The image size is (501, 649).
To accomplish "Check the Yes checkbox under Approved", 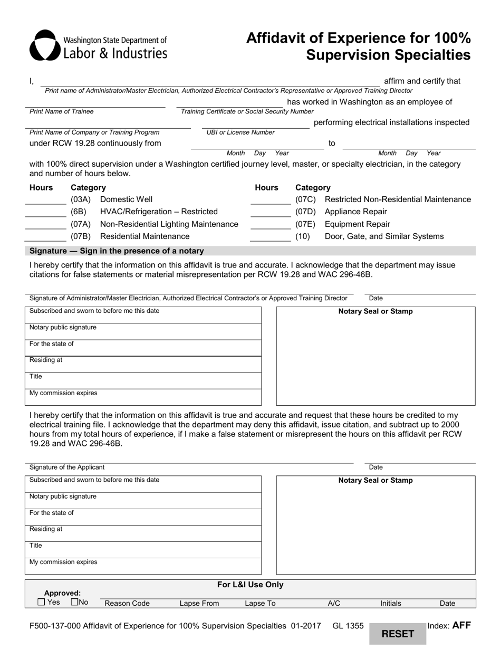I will pyautogui.click(x=41, y=602).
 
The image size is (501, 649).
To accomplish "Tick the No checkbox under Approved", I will pyautogui.click(x=74, y=602).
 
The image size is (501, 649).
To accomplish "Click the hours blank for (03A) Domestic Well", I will pyautogui.click(x=46, y=199).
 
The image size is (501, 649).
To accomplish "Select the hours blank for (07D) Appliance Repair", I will pyautogui.click(x=271, y=212).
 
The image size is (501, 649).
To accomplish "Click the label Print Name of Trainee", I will pyautogui.click(x=62, y=111).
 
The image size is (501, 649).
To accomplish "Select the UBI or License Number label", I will pyautogui.click(x=240, y=132).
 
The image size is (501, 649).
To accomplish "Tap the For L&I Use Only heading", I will pyautogui.click(x=250, y=585).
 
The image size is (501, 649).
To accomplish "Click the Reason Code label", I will pyautogui.click(x=127, y=604).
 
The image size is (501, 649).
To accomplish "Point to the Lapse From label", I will pyautogui.click(x=199, y=604).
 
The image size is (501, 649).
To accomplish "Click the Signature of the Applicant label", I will pyautogui.click(x=67, y=467).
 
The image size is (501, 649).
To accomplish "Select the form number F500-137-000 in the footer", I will pyautogui.click(x=55, y=626).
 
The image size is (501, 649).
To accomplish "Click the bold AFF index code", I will pyautogui.click(x=461, y=625).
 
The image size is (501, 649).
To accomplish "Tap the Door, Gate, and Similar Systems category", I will pyautogui.click(x=384, y=236).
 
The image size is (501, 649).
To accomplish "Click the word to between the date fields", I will pyautogui.click(x=332, y=144).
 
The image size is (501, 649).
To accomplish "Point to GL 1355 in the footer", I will pyautogui.click(x=348, y=626).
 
